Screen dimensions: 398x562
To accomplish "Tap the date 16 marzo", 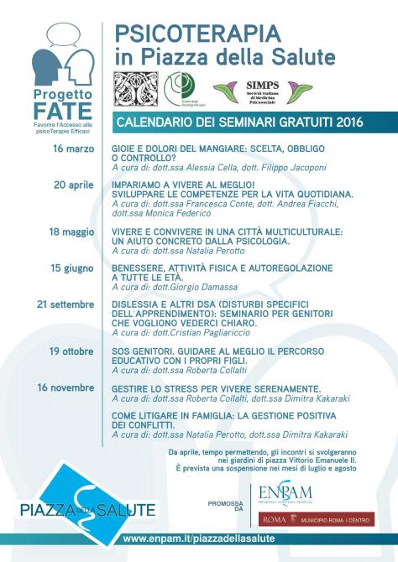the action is click(x=73, y=148).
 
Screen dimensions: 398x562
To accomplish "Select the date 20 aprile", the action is click(x=73, y=184).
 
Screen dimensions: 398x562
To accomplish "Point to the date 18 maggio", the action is click(x=72, y=231).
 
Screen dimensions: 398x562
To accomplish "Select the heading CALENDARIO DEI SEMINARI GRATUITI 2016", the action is click(x=238, y=122).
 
